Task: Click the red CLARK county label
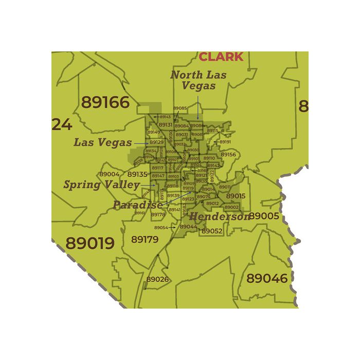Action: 221,57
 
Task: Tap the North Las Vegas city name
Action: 198,80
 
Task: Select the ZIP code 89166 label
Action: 105,102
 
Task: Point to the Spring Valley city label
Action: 101,184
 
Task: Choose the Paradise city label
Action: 137,205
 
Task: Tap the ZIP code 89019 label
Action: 90,243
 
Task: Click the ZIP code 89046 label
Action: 267,278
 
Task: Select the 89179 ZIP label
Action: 145,239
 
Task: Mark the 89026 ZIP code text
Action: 157,279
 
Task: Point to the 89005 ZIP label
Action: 264,216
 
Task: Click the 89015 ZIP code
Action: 236,196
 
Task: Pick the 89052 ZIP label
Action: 211,231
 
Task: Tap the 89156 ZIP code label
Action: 228,154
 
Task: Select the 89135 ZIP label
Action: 137,174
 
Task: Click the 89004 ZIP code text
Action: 109,174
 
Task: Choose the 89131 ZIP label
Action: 165,125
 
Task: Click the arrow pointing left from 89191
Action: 216,142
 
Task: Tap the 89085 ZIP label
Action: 180,109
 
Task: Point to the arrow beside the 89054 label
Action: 173,227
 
